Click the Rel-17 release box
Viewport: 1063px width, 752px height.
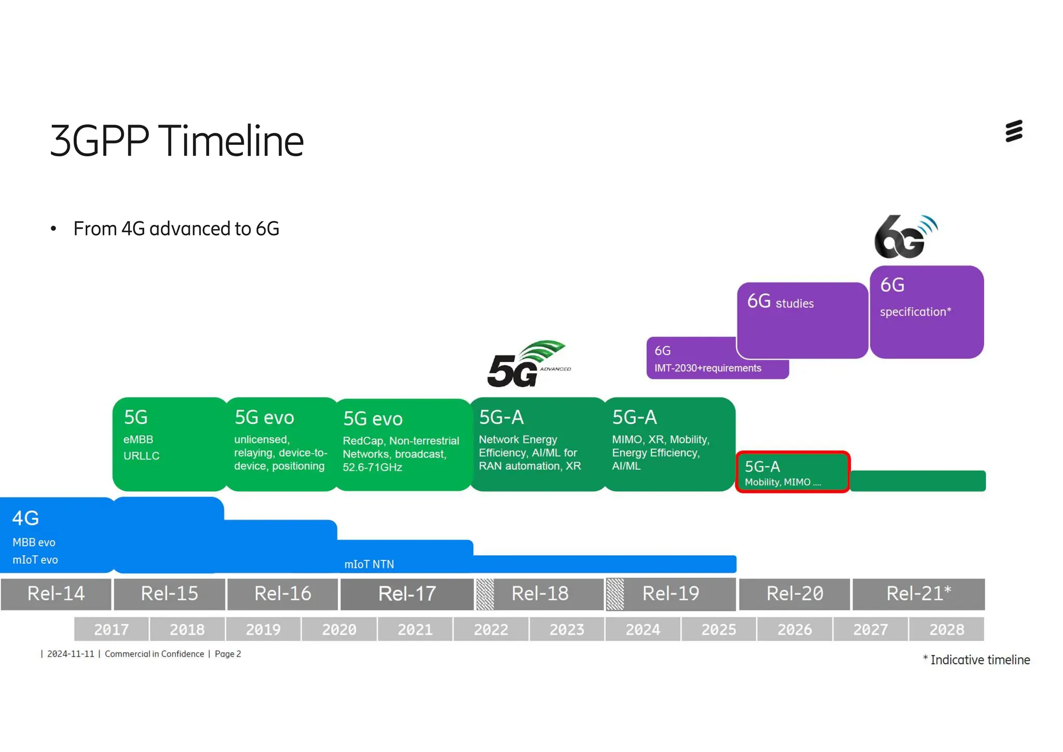[x=407, y=594]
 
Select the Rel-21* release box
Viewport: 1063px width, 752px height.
[x=918, y=594]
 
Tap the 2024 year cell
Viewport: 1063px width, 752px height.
[x=643, y=629]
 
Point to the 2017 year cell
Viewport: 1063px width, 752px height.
[x=111, y=629]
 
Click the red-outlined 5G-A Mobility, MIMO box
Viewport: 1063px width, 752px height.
[x=792, y=472]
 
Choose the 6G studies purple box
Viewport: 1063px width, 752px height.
[x=802, y=319]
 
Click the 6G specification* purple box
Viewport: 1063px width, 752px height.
[x=926, y=312]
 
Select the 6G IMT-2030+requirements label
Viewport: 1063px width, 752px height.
[x=707, y=368]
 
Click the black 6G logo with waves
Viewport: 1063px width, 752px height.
[x=905, y=237]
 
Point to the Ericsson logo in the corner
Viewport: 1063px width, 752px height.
[x=1014, y=131]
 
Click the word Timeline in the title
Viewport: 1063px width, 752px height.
[x=231, y=141]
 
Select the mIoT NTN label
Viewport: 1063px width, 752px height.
[x=369, y=564]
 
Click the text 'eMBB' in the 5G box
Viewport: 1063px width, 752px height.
[x=138, y=439]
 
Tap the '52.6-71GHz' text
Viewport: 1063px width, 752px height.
[x=372, y=467]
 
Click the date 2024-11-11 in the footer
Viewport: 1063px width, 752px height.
[x=71, y=654]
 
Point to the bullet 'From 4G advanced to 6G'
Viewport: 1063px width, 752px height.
[x=176, y=229]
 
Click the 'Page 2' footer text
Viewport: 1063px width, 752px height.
[x=228, y=654]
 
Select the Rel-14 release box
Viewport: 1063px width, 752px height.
[x=56, y=594]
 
